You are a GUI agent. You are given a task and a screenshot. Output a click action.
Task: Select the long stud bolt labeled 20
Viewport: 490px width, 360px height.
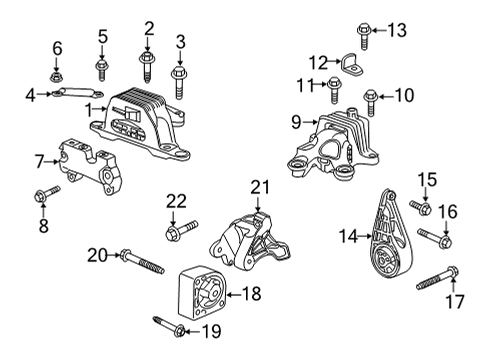[x=141, y=262]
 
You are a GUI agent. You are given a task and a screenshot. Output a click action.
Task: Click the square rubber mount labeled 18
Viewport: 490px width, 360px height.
[x=200, y=293]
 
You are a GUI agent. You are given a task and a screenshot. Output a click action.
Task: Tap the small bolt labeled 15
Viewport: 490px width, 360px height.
[x=421, y=209]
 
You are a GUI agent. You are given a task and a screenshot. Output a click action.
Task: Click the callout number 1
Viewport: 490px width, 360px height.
[x=89, y=109]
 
